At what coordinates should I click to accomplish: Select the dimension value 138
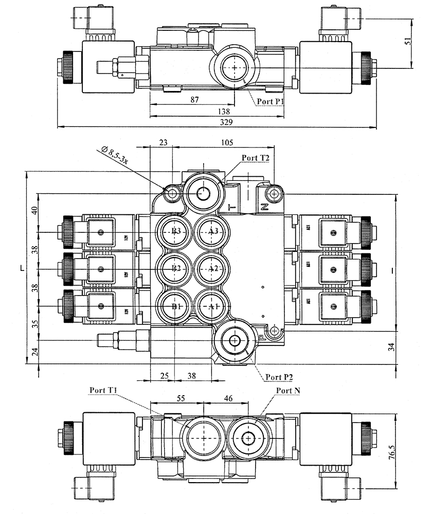224,111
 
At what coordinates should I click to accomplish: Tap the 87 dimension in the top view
194,100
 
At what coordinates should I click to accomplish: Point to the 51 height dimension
408,42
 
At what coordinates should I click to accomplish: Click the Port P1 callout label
271,101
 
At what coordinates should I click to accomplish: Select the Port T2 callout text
256,158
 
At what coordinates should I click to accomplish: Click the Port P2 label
279,377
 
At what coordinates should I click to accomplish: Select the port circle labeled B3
175,231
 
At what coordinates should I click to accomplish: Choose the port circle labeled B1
175,306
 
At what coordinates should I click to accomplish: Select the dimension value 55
181,398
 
